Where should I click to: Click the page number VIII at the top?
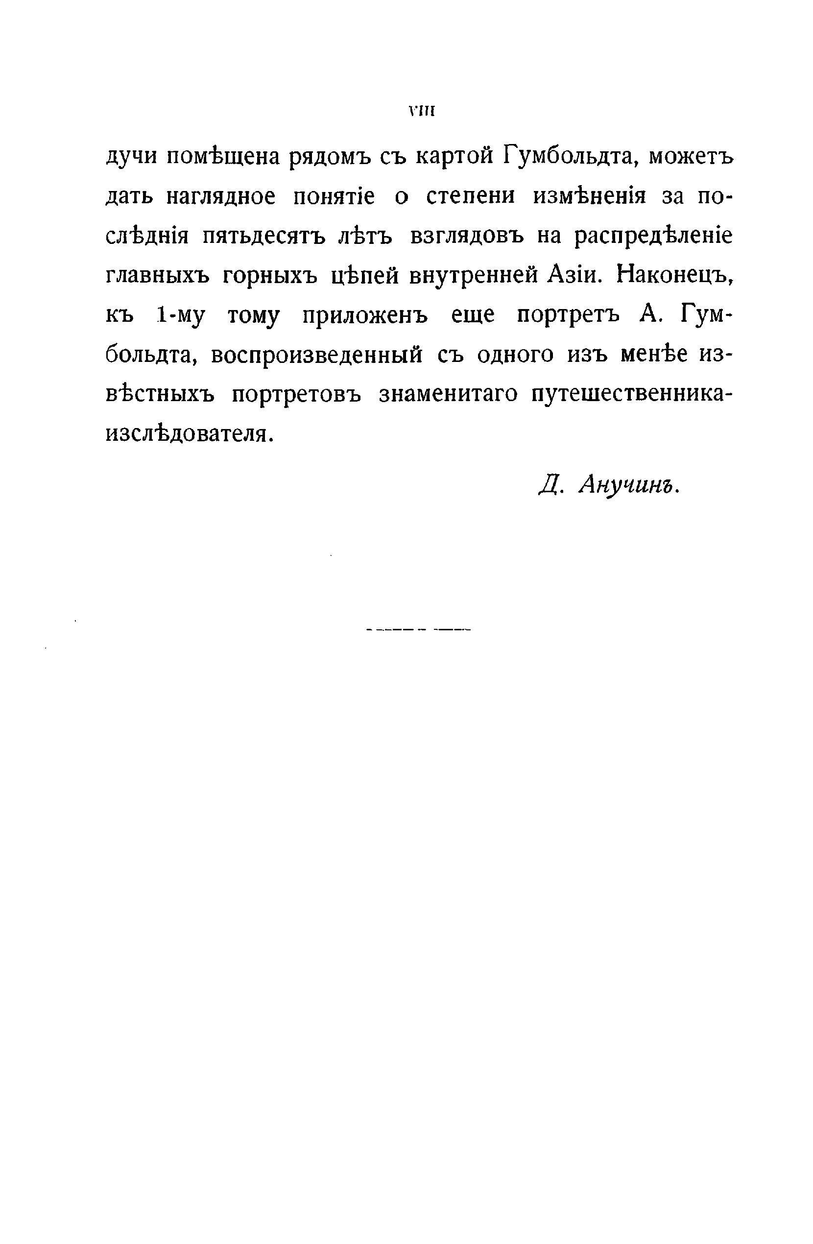(422, 111)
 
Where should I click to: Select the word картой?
(454, 156)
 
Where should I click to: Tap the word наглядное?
(220, 197)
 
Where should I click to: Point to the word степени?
(470, 197)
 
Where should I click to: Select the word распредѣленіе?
(653, 236)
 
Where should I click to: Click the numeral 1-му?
(181, 315)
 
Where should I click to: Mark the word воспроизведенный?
(317, 356)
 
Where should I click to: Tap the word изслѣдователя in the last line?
(189, 434)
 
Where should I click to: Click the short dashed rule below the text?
(419, 630)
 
